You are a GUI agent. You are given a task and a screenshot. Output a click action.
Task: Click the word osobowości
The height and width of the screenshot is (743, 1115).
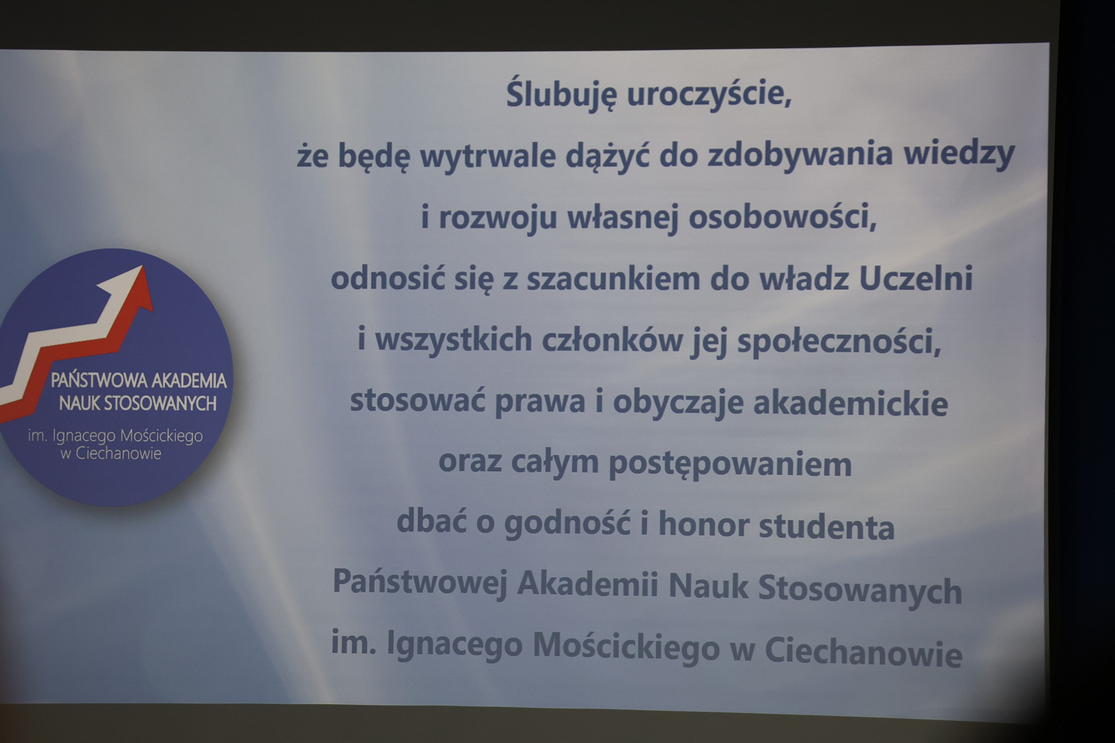click(x=783, y=216)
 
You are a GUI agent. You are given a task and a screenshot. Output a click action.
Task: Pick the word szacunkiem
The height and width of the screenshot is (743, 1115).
click(x=613, y=278)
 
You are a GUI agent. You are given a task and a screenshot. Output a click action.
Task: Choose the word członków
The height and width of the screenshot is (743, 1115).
click(x=612, y=340)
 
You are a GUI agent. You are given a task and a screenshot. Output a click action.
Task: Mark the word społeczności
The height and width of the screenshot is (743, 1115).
click(x=839, y=342)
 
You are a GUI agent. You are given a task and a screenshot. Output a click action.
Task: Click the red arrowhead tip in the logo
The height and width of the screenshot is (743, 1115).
click(x=143, y=266)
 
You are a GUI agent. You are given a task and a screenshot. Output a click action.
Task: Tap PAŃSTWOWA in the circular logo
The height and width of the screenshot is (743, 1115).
click(x=98, y=380)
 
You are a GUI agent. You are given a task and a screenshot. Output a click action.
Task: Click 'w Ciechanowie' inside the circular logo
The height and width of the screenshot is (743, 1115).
click(x=111, y=454)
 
